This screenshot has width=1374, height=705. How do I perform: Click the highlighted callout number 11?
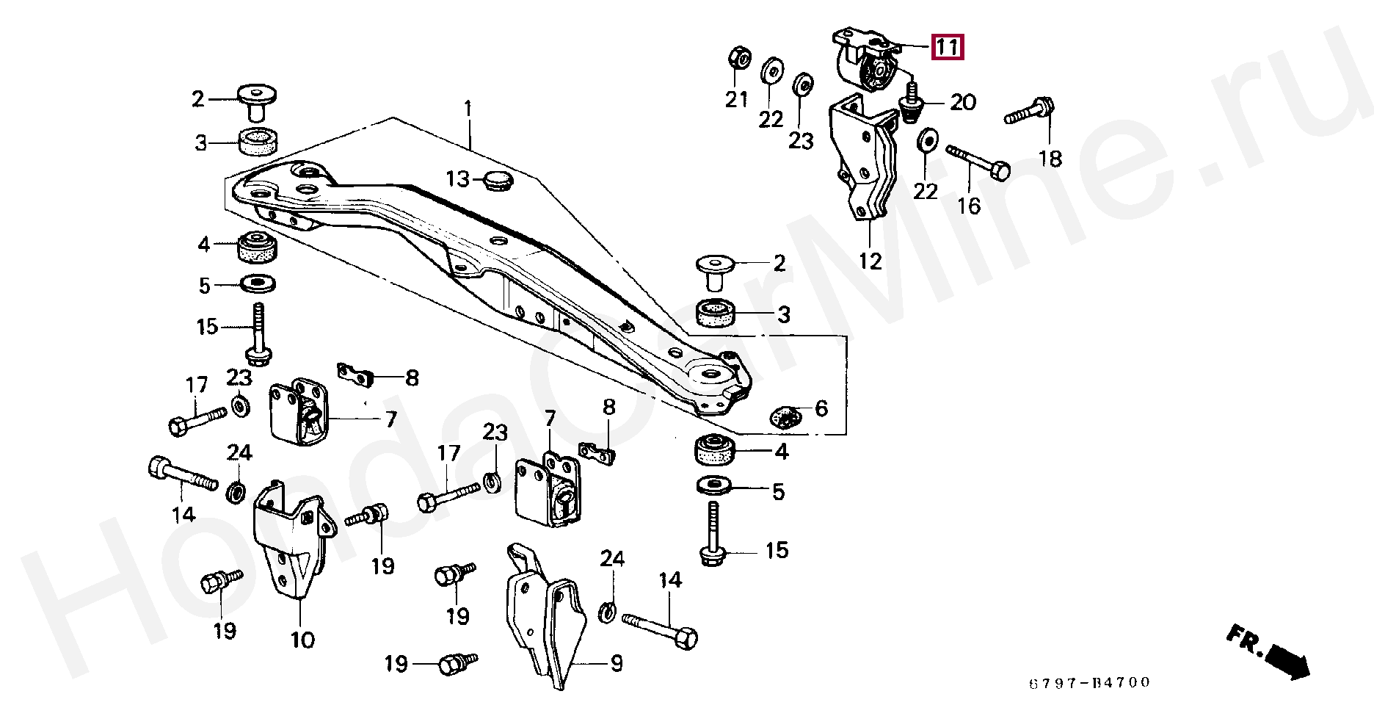tap(946, 48)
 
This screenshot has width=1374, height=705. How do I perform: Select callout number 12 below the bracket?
tap(870, 260)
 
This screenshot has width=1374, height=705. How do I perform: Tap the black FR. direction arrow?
tap(1286, 657)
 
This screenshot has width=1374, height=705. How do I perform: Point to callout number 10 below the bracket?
tap(302, 640)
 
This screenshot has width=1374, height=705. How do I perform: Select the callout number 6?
tap(821, 408)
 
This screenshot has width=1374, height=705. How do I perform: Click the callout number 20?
tap(963, 102)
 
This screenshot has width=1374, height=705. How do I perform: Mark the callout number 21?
tap(737, 99)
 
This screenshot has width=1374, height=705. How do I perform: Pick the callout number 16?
tap(969, 205)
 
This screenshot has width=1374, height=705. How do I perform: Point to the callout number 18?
tap(1051, 158)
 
